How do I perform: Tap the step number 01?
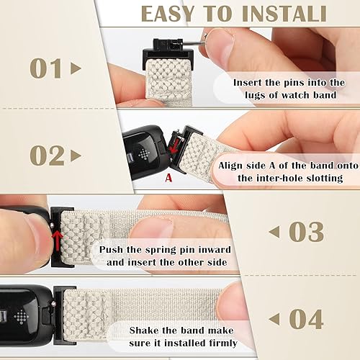coord(48,68)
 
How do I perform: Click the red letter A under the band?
coord(168,174)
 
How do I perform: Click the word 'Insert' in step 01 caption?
coord(251,82)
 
